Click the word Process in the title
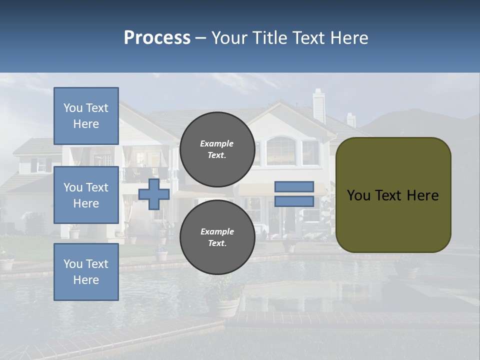click(x=157, y=38)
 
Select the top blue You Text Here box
click(x=86, y=116)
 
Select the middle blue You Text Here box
click(x=86, y=195)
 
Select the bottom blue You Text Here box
click(x=86, y=272)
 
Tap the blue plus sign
click(x=154, y=194)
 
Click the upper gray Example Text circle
click(x=217, y=149)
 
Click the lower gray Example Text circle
click(x=217, y=237)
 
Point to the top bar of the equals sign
click(x=294, y=187)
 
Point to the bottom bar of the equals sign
click(x=294, y=201)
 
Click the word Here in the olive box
click(x=423, y=195)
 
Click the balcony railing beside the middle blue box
click(x=137, y=174)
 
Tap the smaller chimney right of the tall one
click(x=351, y=119)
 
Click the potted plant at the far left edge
click(x=6, y=261)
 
